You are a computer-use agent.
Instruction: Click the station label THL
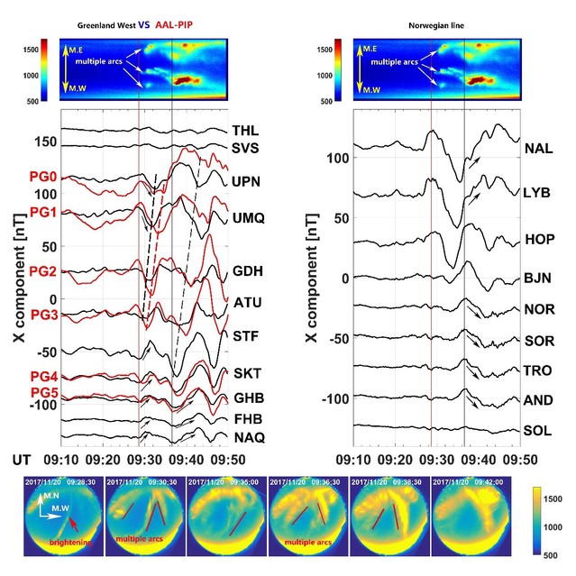pos(244,132)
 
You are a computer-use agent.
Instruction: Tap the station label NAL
pos(537,149)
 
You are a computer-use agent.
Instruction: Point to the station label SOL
pos(537,431)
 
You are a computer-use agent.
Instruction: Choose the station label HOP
pos(538,240)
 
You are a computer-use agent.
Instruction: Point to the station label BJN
pos(537,278)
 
